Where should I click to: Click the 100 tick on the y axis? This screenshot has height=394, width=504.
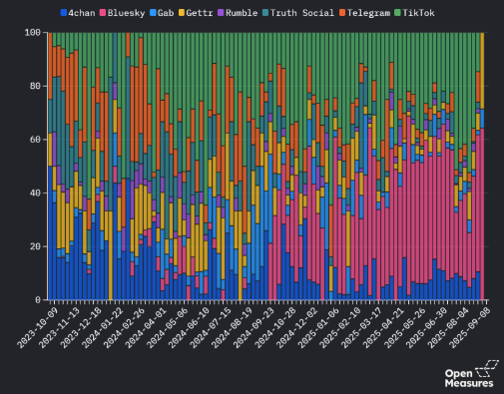(x=33, y=33)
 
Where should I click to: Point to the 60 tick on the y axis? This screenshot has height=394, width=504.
(x=36, y=140)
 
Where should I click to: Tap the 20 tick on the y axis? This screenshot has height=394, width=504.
(x=36, y=246)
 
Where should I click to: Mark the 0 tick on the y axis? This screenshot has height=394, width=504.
(x=39, y=299)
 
